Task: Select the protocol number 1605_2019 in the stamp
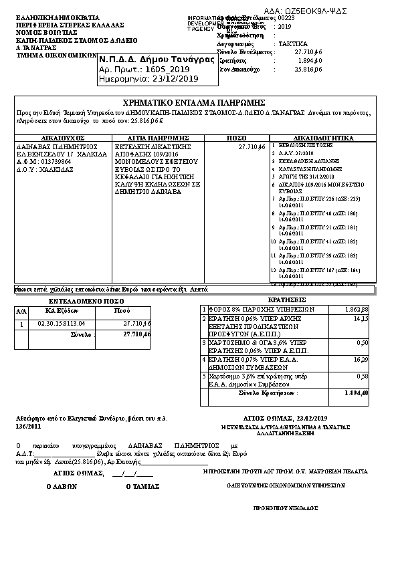tap(162, 69)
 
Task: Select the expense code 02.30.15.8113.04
tap(61, 324)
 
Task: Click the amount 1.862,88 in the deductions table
tap(356, 310)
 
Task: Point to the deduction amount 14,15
tap(361, 320)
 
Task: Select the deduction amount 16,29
tap(360, 359)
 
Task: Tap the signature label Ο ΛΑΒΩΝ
tap(59, 487)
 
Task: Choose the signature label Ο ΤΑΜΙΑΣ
tap(142, 487)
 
